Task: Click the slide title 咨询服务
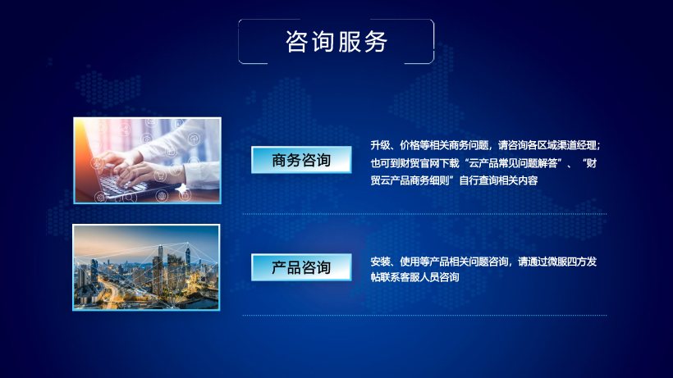(336, 42)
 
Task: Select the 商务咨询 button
(301, 160)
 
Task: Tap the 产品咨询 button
(301, 267)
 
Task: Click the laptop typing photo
(147, 160)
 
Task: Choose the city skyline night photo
(146, 267)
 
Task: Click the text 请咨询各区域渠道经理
(547, 146)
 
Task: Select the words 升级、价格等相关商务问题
(429, 146)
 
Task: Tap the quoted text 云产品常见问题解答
(513, 163)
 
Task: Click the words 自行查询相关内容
(498, 180)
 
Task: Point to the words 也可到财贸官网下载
(415, 163)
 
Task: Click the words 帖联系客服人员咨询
(415, 277)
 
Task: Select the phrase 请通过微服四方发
(557, 262)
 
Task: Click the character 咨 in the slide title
(296, 42)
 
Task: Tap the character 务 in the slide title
(377, 42)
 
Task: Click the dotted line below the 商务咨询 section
(424, 213)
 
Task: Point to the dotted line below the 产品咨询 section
(424, 315)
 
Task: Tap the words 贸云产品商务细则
(410, 180)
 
